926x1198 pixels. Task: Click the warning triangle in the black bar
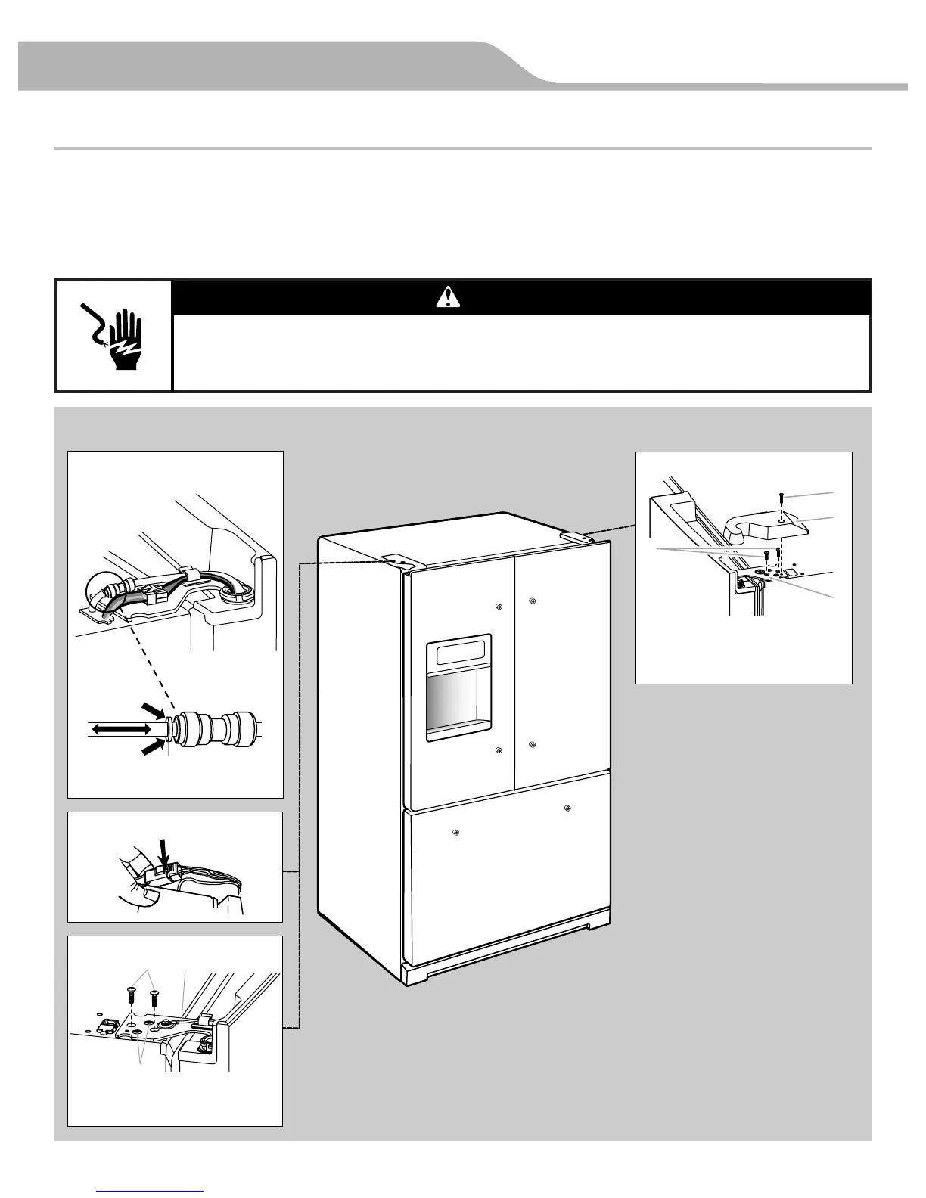pyautogui.click(x=448, y=296)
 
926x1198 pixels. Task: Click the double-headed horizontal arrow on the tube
pyautogui.click(x=120, y=729)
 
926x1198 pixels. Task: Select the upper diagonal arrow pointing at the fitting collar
pyautogui.click(x=153, y=711)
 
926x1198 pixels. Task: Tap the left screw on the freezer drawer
pyautogui.click(x=455, y=832)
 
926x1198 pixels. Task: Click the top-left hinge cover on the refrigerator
pyautogui.click(x=399, y=560)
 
